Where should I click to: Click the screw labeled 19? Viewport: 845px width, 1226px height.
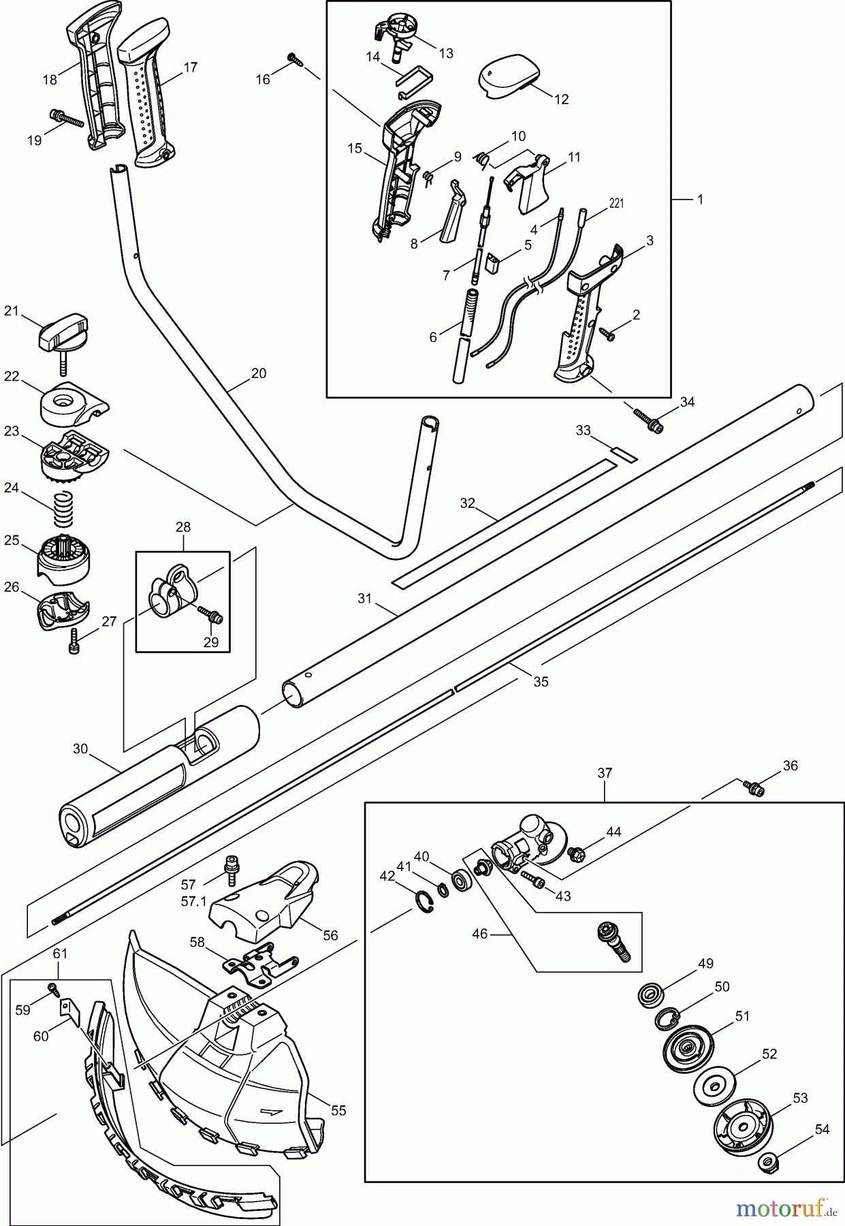[x=66, y=119]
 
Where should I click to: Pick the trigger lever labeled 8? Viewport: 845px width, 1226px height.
[x=453, y=215]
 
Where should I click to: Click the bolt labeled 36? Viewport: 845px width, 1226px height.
[x=754, y=787]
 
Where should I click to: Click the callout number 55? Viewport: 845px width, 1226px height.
[x=338, y=1110]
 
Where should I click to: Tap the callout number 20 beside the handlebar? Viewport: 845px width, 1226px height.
[x=258, y=373]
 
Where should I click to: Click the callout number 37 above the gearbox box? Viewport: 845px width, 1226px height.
[x=605, y=773]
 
